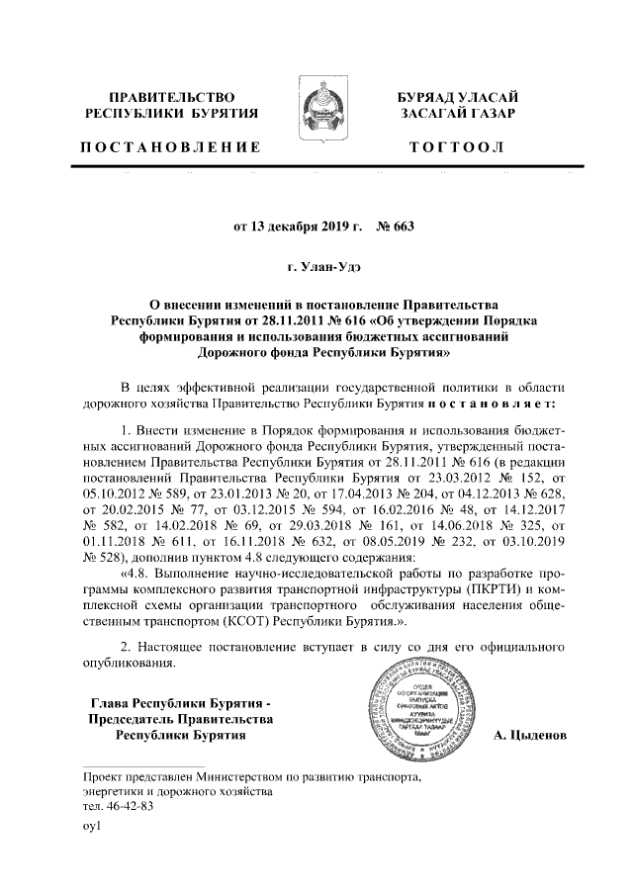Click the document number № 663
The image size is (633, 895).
point(395,225)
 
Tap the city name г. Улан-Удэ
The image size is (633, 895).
point(316,266)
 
